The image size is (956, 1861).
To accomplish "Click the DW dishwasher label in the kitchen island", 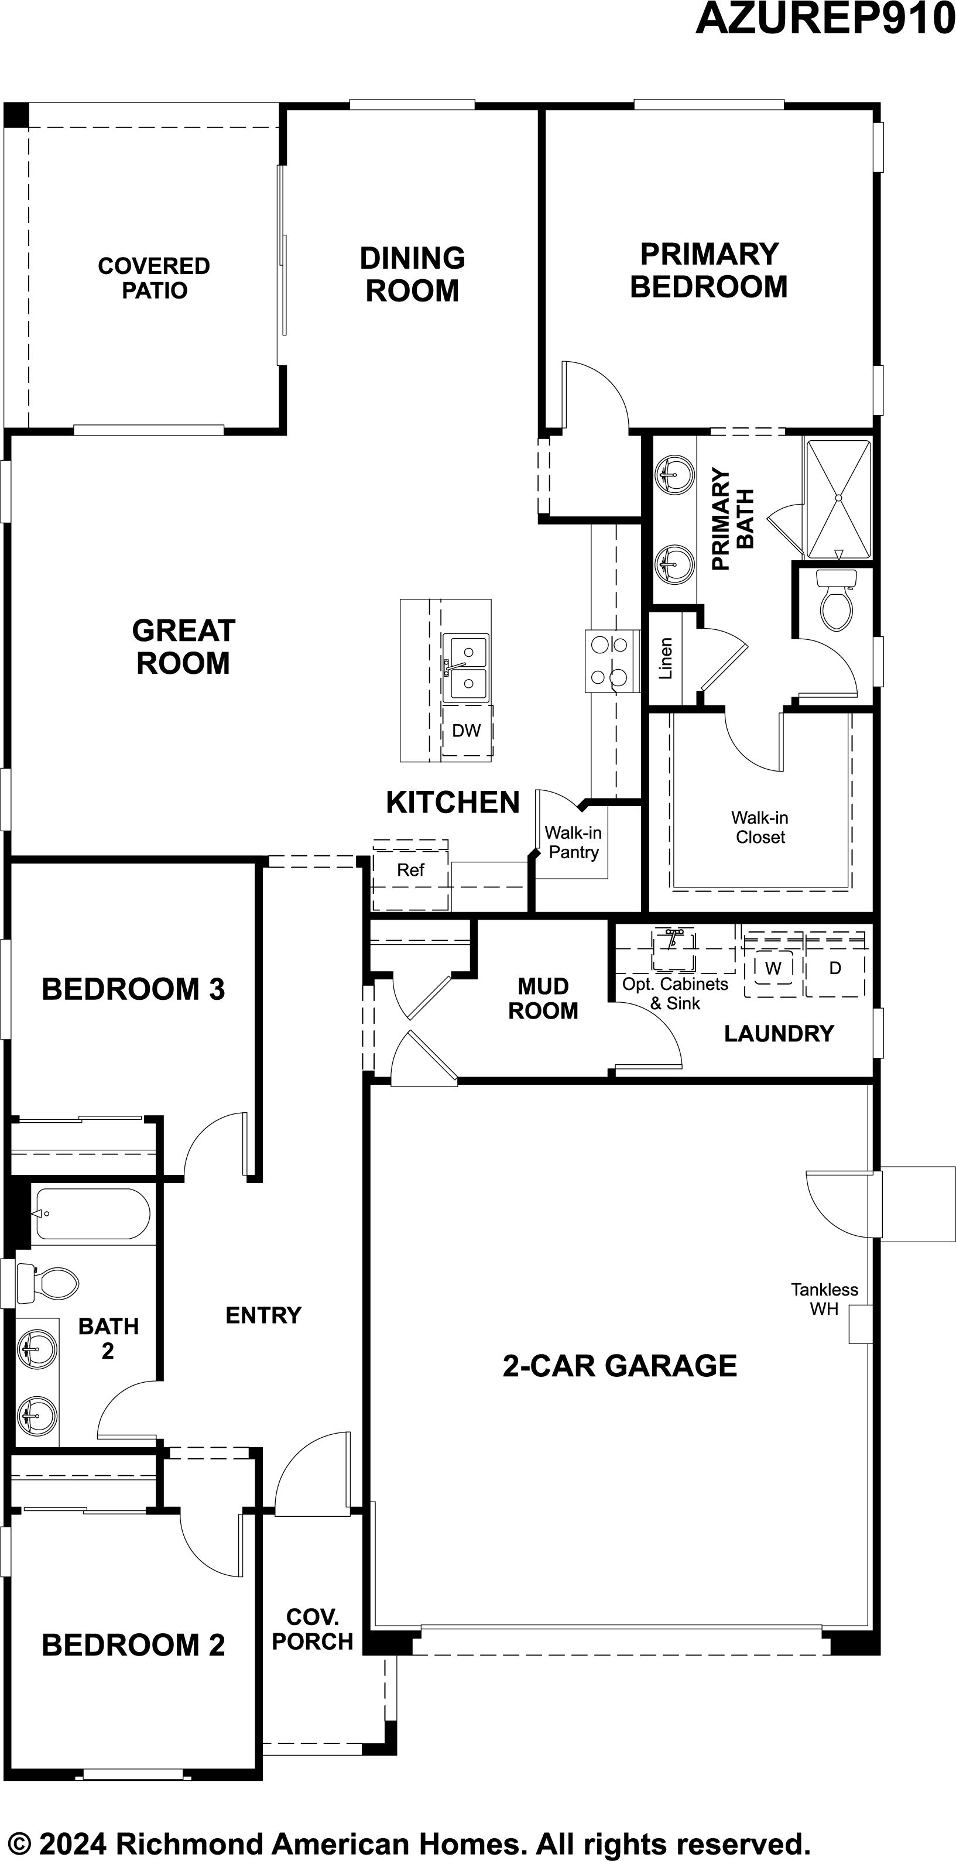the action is (466, 731).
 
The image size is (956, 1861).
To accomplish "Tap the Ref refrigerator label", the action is (410, 870).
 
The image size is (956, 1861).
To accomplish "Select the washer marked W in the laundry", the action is (773, 968).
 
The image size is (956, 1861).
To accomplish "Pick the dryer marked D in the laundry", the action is (835, 968).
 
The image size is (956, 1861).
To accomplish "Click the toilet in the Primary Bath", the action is (836, 599).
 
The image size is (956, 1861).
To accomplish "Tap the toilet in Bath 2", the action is (47, 1284).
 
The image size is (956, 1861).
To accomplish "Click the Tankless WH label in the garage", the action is (824, 1299).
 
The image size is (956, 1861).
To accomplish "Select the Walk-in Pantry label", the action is (573, 842).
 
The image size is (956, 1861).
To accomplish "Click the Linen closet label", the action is (666, 658).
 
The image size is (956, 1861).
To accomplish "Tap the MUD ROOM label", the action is (543, 999).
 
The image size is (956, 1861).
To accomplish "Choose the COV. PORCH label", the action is (312, 1629).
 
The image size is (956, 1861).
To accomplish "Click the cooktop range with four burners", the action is (612, 661).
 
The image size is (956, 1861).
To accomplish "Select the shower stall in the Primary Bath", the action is (838, 499).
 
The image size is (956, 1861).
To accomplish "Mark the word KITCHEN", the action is (453, 803).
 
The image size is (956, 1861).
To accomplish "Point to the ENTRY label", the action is (264, 1315).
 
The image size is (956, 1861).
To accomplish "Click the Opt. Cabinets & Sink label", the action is (675, 993).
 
